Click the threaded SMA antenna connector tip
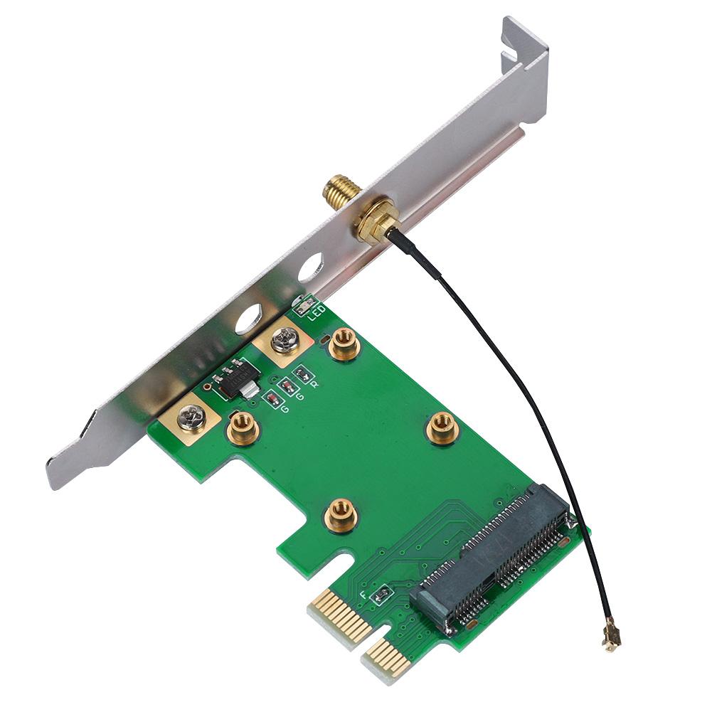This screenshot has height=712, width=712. coord(334,189)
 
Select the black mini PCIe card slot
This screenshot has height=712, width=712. coord(497,559)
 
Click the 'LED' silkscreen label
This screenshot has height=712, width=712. coord(316,311)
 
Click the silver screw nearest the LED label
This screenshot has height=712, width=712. coord(285,341)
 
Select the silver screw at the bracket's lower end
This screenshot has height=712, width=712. coord(191,418)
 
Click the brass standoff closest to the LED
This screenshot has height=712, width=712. coord(344,344)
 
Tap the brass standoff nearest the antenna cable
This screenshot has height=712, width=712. coord(442,428)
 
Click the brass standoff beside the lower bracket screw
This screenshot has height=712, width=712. coord(242,429)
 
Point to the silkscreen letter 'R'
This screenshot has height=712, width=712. coord(314,384)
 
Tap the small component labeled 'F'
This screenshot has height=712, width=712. coord(381,593)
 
